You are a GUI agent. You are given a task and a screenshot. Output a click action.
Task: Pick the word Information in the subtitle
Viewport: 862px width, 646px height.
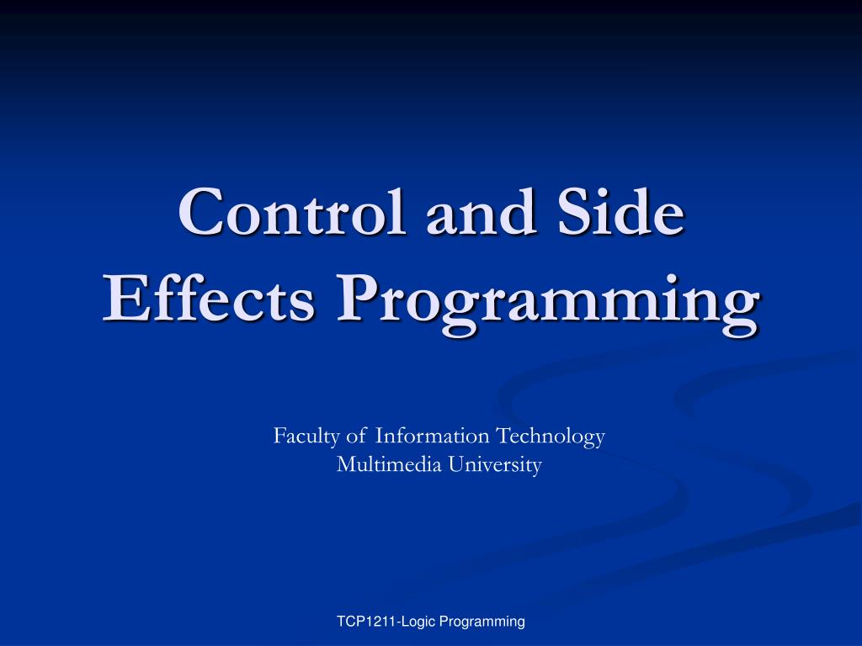432,437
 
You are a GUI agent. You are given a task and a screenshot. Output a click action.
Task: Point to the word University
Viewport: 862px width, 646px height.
494,465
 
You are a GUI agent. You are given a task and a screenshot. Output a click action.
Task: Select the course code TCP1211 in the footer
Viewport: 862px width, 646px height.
366,622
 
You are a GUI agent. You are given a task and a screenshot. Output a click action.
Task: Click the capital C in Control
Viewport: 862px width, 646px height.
199,214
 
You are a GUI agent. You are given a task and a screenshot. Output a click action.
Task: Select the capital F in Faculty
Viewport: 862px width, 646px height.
279,437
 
